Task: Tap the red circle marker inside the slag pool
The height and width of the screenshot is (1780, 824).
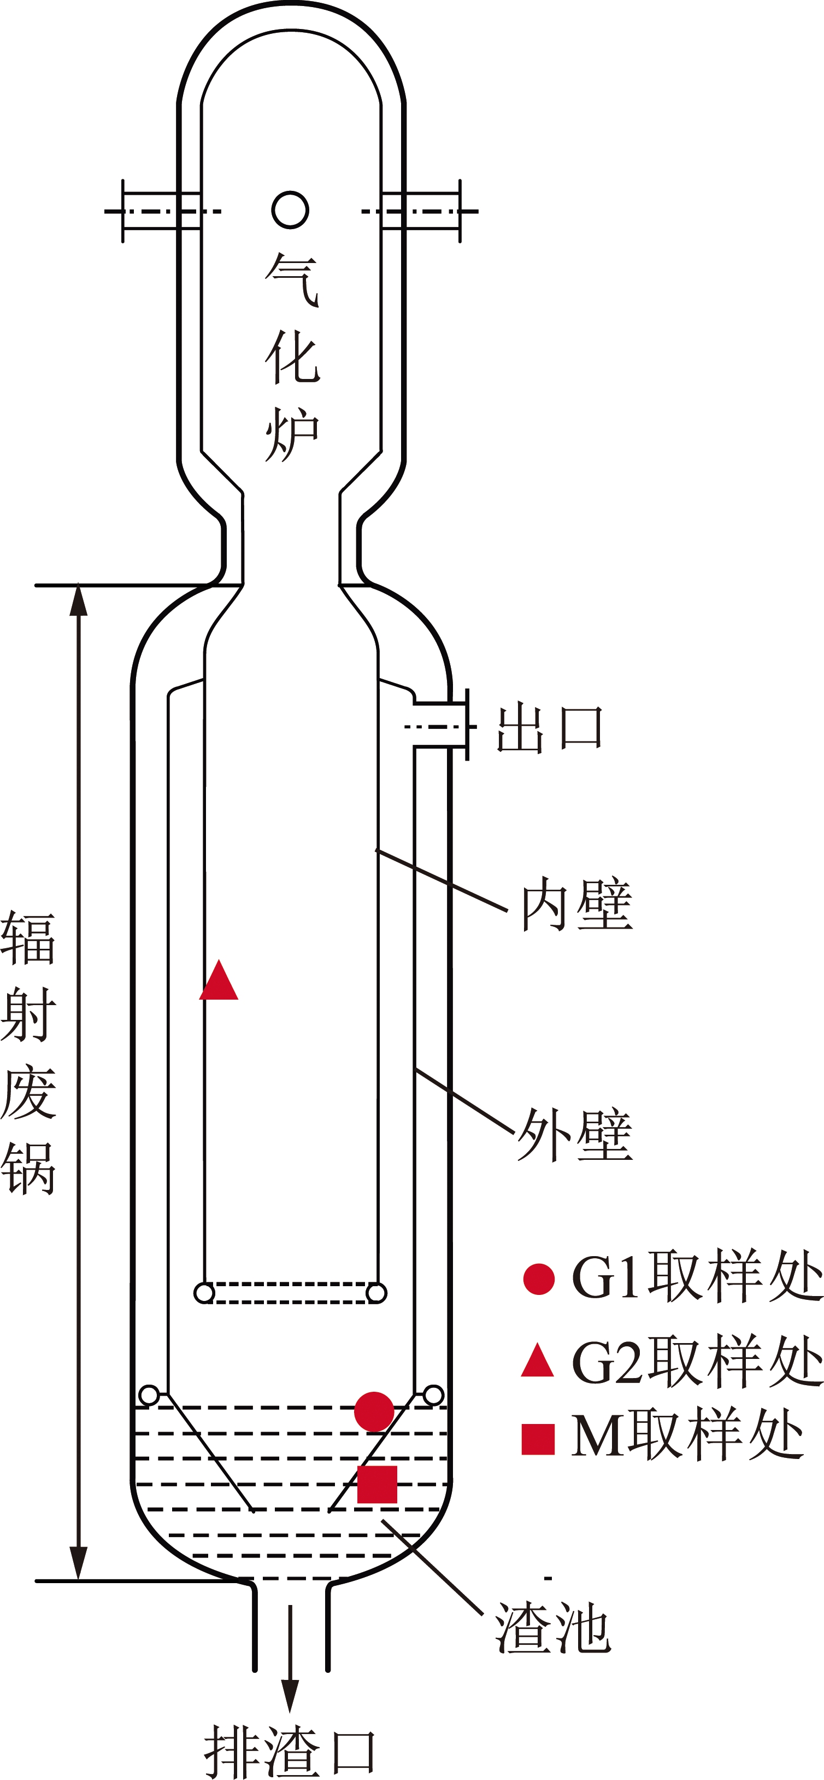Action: coord(374,1412)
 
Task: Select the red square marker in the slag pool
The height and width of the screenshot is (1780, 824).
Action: coord(377,1484)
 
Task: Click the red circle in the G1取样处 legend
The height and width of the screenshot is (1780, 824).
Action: coord(539,1279)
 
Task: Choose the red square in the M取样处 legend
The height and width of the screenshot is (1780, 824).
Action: coord(538,1440)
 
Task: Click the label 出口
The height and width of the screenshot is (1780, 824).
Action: coord(550,728)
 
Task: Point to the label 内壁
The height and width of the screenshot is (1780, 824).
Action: coord(576,904)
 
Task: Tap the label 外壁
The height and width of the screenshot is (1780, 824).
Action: coord(575,1134)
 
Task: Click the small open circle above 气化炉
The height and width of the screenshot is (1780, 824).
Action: coord(290,210)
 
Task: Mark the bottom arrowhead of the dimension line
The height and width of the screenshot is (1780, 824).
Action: coord(79,1563)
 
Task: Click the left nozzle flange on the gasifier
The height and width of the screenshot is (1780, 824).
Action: coord(123,211)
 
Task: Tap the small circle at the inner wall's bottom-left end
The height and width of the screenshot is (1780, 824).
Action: coord(204,1293)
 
